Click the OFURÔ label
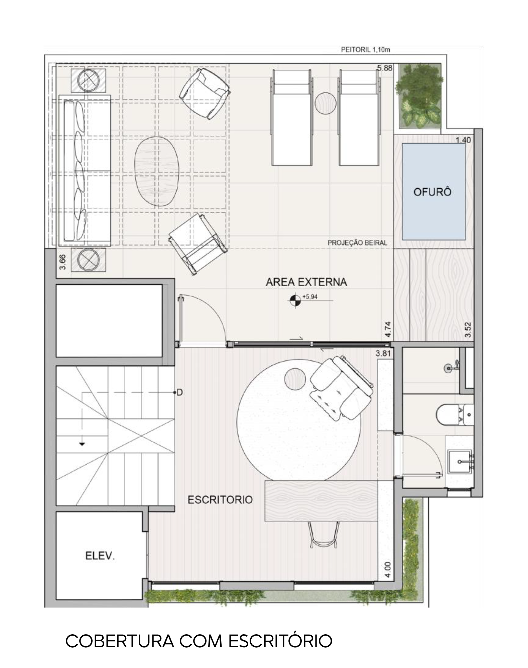432,192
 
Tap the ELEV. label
100,556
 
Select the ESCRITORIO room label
220,500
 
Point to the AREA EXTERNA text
306,282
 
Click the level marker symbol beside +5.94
295,300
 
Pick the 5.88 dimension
385,68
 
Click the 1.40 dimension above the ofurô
464,140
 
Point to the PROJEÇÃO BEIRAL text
357,243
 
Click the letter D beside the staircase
180,392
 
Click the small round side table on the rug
295,379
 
